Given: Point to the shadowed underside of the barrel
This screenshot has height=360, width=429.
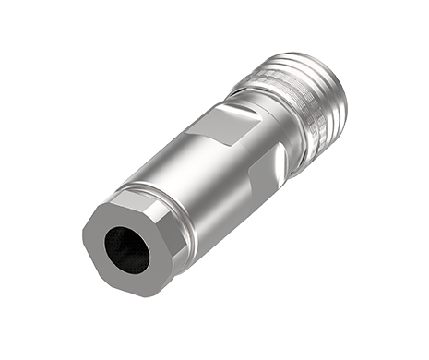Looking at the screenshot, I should coord(231,222).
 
